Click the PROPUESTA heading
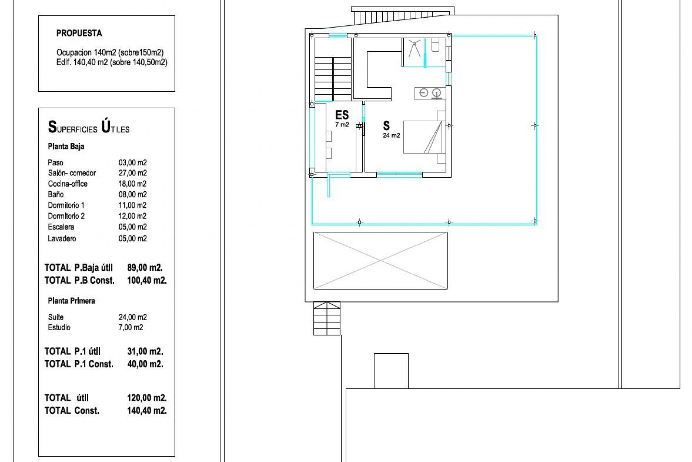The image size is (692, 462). (x=79, y=33)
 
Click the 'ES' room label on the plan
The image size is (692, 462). (x=342, y=115)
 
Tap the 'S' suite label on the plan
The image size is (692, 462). (x=386, y=126)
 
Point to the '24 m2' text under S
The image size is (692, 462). (x=391, y=136)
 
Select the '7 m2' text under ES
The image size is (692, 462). (x=342, y=125)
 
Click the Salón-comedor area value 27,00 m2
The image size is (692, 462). (x=133, y=173)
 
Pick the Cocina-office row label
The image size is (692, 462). (x=68, y=184)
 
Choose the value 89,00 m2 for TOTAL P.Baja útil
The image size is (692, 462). (x=145, y=268)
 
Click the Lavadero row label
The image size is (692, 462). (x=62, y=239)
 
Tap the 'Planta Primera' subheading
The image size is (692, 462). (x=71, y=301)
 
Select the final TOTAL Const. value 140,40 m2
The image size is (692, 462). (x=147, y=410)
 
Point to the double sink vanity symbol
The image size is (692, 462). (x=430, y=93)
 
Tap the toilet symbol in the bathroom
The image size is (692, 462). (x=435, y=45)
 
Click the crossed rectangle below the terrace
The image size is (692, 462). (x=381, y=261)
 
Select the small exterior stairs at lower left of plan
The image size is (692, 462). (x=327, y=318)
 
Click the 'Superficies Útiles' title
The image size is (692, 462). (x=89, y=127)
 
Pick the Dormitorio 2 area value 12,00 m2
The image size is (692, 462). (x=133, y=216)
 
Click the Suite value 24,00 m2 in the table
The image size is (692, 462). (x=133, y=317)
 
